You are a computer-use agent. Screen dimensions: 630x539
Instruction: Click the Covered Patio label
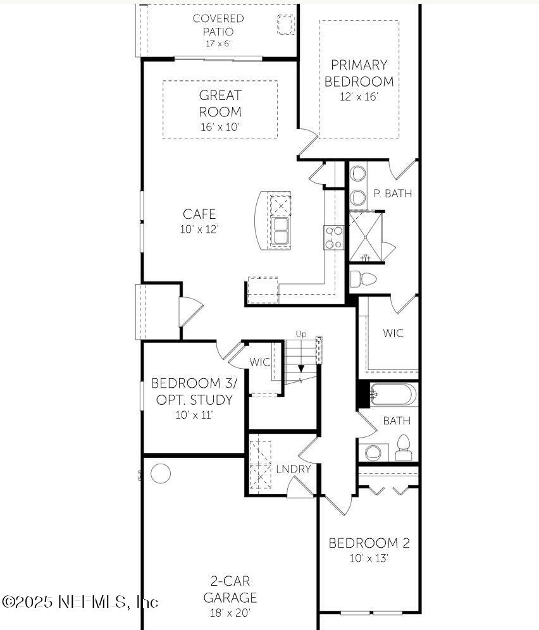click(x=218, y=25)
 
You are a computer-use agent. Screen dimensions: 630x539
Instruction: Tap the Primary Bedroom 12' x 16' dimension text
click(x=359, y=97)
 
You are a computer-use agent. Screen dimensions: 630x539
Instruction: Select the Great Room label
click(x=220, y=104)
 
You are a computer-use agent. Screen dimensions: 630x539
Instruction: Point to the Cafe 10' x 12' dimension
click(x=199, y=230)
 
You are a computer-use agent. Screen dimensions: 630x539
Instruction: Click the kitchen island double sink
click(x=281, y=232)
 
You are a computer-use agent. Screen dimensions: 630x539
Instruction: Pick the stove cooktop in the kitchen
click(x=333, y=237)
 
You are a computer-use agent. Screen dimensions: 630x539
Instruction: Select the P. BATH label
click(x=392, y=194)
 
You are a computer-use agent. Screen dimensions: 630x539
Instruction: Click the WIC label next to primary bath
click(x=393, y=333)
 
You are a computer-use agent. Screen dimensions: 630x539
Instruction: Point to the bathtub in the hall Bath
click(x=393, y=395)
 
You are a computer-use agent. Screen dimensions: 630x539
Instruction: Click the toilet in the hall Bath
click(x=403, y=448)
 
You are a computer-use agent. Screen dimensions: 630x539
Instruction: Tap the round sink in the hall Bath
click(x=373, y=452)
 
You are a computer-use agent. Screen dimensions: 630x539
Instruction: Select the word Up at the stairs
click(x=301, y=334)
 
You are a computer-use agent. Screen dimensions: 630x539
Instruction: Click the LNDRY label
click(x=293, y=469)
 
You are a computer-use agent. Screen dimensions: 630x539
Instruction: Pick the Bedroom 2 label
click(x=369, y=543)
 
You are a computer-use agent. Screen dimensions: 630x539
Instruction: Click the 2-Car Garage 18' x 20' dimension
click(x=230, y=612)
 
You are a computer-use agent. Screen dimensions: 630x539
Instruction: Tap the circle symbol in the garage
click(x=161, y=473)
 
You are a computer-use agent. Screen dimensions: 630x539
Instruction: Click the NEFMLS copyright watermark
click(x=80, y=601)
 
